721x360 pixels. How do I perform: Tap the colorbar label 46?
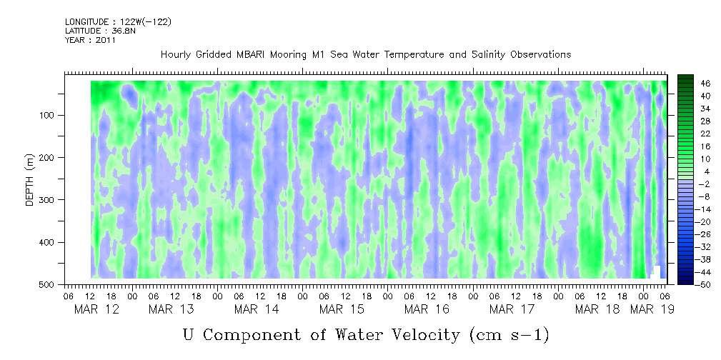[705, 83]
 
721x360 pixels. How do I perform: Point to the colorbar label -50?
[705, 285]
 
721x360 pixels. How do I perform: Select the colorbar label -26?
[705, 234]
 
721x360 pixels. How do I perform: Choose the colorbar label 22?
[705, 134]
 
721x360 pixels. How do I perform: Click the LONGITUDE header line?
[118, 22]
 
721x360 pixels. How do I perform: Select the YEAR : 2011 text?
[91, 40]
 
